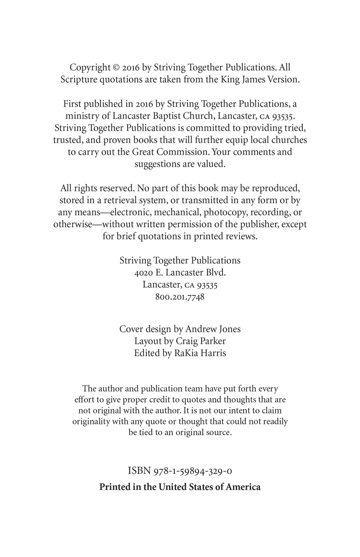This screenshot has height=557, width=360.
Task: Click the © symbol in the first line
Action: (x=117, y=67)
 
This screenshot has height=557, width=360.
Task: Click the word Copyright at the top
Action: (x=90, y=67)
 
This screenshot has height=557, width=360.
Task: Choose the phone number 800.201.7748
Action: (x=180, y=297)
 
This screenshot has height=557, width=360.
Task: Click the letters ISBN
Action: (x=139, y=470)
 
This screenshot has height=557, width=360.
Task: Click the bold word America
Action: (x=243, y=487)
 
